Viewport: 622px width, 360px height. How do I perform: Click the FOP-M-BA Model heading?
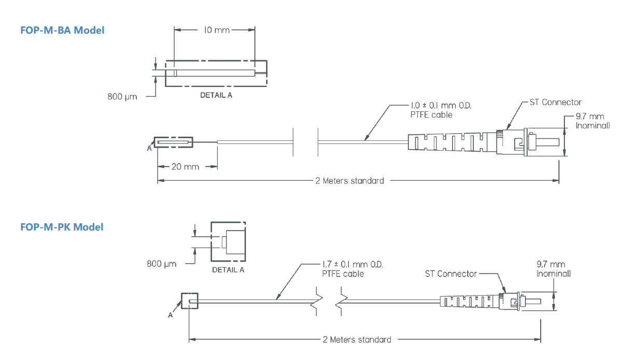coord(62,30)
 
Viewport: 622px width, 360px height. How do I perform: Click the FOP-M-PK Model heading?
coord(62,227)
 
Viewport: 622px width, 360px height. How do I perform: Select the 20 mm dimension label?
coord(185,167)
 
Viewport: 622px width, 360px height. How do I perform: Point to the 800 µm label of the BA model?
coord(122,97)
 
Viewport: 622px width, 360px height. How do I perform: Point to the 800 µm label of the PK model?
coord(161,264)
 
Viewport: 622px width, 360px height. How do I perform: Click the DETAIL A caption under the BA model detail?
coord(216,96)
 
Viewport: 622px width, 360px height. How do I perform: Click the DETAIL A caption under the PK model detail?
coord(228,270)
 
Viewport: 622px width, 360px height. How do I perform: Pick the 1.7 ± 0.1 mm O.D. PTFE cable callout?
coord(353,269)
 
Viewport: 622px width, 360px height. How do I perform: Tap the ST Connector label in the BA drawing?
coord(555,102)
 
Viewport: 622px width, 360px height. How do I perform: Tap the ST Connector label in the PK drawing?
coord(450,273)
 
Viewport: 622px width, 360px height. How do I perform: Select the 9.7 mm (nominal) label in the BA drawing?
coord(592,121)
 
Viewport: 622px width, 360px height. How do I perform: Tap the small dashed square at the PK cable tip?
coord(189,300)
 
